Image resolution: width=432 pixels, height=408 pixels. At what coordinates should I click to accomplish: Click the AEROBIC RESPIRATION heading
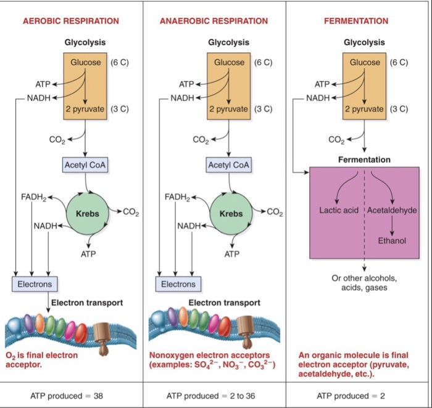[71, 21]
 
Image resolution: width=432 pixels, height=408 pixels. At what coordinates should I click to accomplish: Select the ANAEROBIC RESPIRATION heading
[214, 21]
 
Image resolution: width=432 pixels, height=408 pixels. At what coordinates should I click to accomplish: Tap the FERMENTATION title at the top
[356, 21]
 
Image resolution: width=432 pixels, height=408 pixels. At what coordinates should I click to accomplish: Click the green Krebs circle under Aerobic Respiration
[88, 213]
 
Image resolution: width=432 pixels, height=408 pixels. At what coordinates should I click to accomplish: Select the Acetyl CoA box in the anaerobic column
[229, 165]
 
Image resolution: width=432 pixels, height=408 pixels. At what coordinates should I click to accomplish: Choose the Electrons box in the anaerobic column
[178, 284]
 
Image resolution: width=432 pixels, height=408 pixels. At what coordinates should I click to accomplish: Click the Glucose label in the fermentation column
[365, 62]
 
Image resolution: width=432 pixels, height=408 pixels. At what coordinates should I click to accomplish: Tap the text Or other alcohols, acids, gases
[364, 283]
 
